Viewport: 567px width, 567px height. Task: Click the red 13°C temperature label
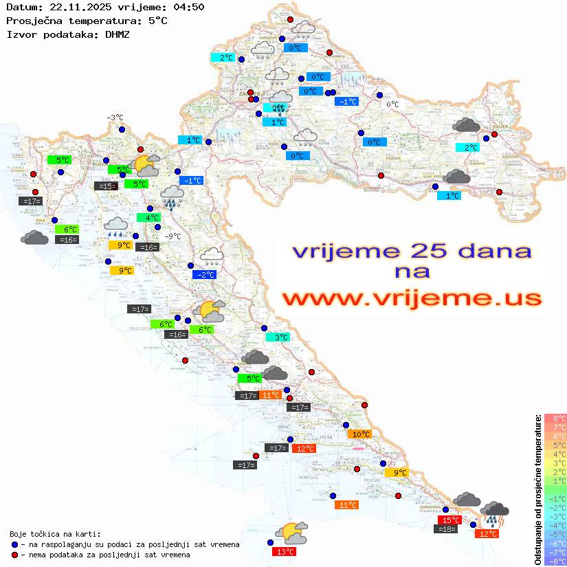click(x=285, y=551)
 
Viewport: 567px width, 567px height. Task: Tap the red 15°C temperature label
click(x=449, y=520)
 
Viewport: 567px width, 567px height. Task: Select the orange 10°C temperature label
click(x=360, y=434)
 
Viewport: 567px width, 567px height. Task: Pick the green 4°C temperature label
click(x=148, y=218)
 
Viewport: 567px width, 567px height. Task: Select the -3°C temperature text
click(x=115, y=118)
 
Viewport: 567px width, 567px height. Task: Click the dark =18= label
click(x=447, y=529)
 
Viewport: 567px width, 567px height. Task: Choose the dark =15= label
click(x=105, y=186)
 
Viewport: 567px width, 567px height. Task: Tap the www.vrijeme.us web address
click(x=411, y=298)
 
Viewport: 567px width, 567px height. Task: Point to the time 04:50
click(x=188, y=7)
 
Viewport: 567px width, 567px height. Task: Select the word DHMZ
click(x=118, y=34)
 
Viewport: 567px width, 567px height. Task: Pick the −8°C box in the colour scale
click(x=555, y=561)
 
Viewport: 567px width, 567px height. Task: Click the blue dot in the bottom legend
click(x=15, y=544)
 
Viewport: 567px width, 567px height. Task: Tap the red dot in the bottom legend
click(x=15, y=555)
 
